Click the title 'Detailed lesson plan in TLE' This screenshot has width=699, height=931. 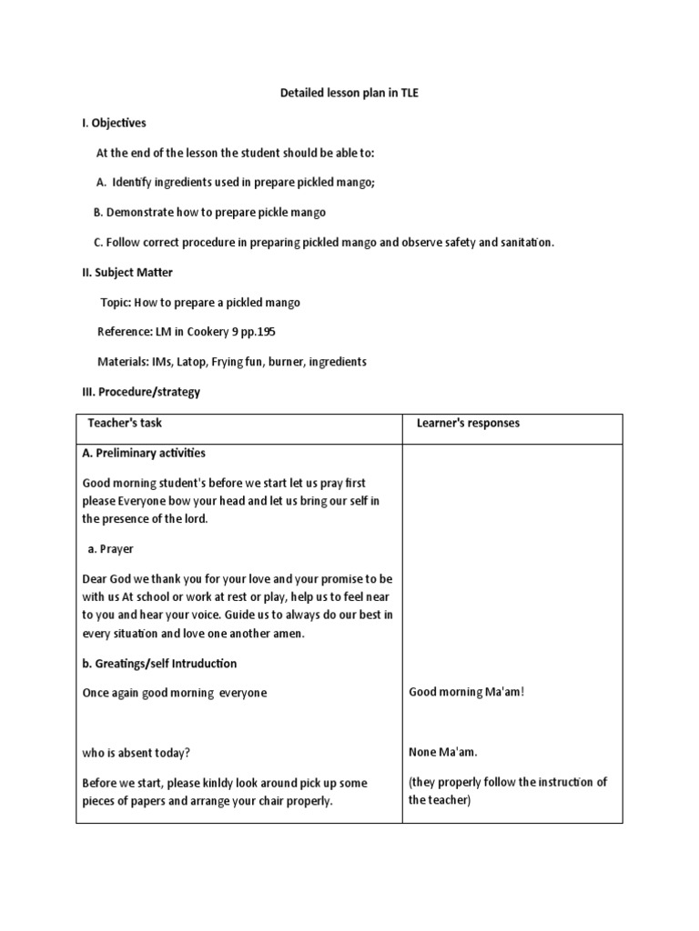[349, 92]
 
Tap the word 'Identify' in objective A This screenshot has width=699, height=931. [133, 182]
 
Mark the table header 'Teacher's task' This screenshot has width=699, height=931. [125, 423]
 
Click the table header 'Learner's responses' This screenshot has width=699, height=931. [468, 423]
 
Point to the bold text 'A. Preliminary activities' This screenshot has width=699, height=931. [144, 453]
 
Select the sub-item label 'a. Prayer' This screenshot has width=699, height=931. [110, 549]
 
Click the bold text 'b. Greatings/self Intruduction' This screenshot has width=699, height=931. [159, 663]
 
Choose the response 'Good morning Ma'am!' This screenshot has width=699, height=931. [467, 692]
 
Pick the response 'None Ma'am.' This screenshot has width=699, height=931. [442, 752]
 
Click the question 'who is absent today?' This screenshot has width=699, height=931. [137, 753]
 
